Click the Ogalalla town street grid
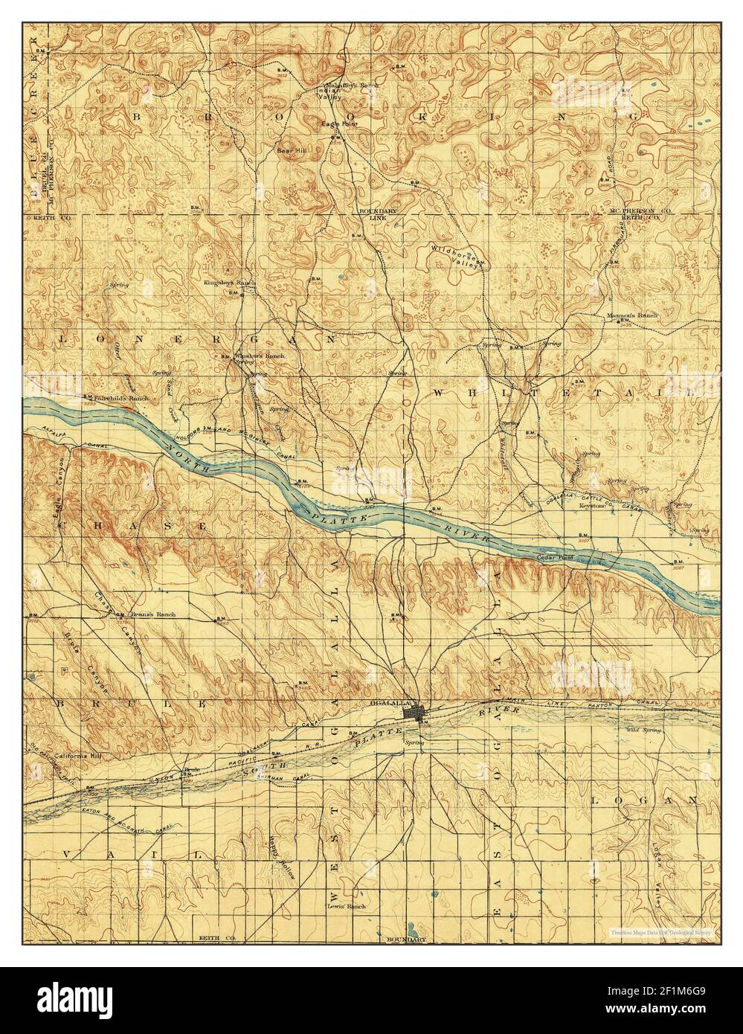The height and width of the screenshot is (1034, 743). [x=413, y=712]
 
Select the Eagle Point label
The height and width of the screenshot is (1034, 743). [x=335, y=123]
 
